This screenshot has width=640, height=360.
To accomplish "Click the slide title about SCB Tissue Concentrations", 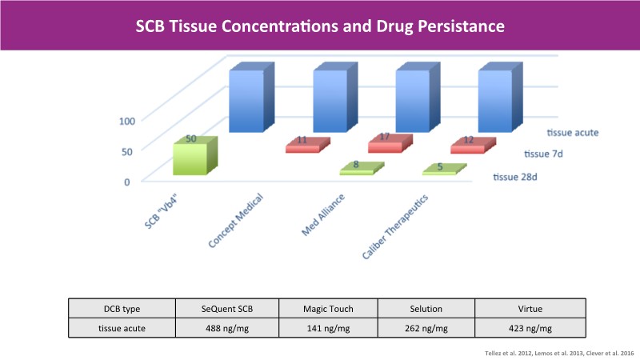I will (319, 26).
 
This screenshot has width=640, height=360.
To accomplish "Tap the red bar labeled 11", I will (306, 146).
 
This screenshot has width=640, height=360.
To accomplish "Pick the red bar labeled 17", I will (389, 144).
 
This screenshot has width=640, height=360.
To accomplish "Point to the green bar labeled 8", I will (357, 168).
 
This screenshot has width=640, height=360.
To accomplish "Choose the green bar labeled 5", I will (443, 170).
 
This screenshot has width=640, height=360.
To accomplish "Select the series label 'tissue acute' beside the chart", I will (574, 133).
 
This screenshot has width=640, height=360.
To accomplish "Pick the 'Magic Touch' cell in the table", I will (327, 309).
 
